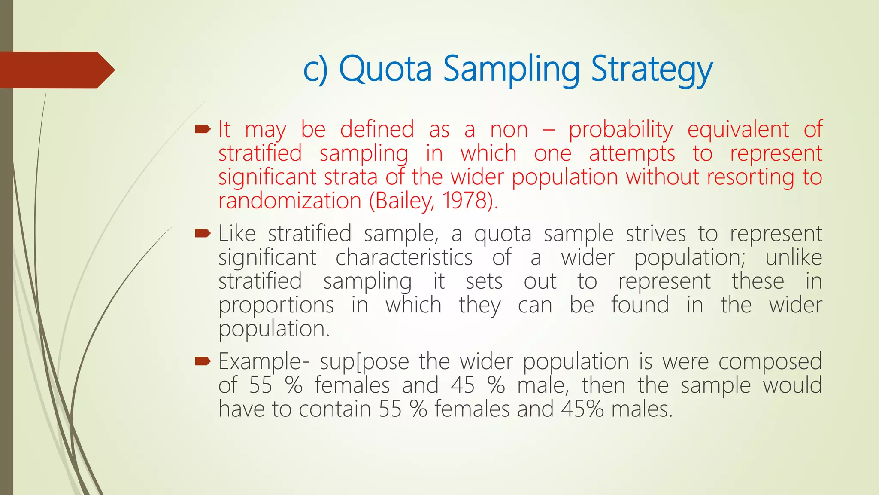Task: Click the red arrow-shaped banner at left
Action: tap(56, 70)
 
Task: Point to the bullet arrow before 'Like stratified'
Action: tap(203, 233)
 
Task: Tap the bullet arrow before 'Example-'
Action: tap(203, 361)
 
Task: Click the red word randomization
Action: tap(290, 201)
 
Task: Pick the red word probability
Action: tap(621, 130)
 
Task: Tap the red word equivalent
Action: tap(738, 130)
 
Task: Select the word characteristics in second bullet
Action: tap(404, 257)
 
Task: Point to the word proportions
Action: tap(276, 306)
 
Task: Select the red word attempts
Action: tap(632, 154)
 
